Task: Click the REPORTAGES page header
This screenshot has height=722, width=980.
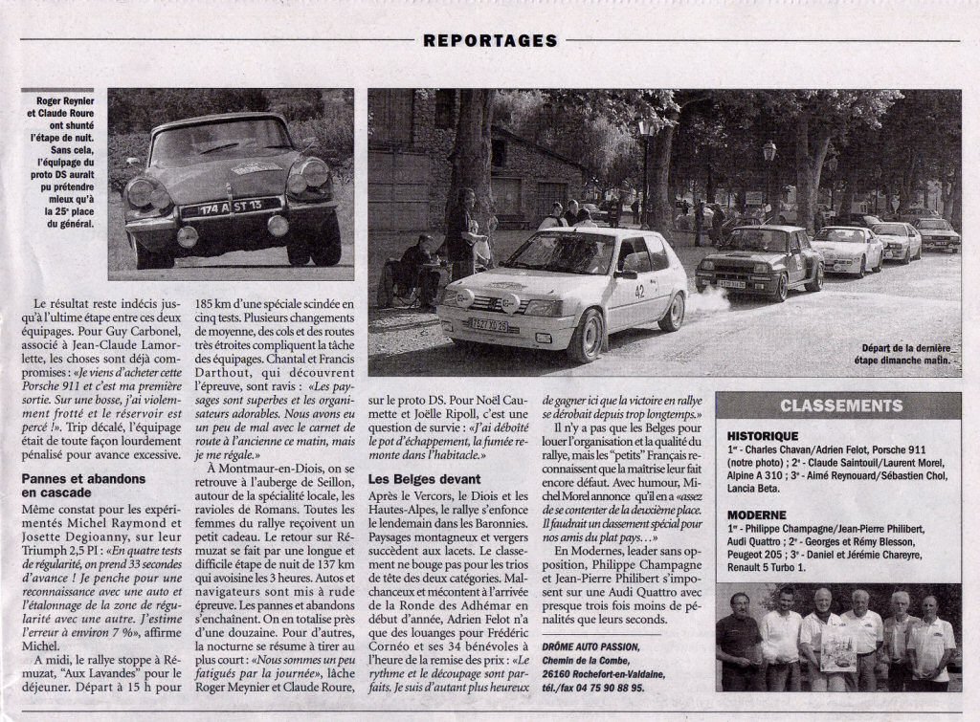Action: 490,40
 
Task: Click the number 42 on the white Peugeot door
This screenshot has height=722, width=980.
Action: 639,291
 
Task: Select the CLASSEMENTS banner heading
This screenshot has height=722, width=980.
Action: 840,405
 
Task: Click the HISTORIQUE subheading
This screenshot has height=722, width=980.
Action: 763,435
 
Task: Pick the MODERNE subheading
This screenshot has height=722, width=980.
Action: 756,514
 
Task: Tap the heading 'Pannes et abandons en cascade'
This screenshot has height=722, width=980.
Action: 84,484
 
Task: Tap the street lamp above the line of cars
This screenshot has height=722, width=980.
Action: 769,151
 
